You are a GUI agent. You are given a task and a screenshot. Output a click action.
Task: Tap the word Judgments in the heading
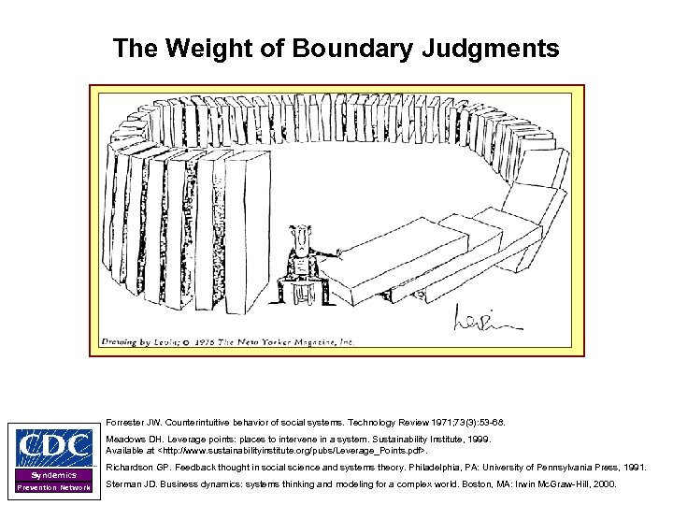pos(499,48)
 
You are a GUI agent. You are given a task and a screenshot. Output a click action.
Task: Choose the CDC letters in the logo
pos(51,448)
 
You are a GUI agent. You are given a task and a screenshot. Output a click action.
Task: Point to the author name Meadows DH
pos(132,437)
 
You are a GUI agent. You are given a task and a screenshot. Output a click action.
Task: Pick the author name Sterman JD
pos(130,483)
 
